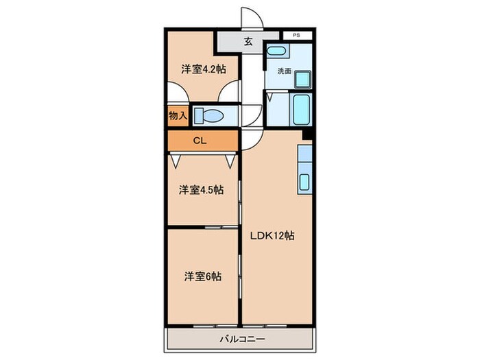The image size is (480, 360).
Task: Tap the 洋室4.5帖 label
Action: [201, 190]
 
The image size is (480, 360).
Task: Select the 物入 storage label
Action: [178, 115]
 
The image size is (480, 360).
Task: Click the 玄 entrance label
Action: [248, 42]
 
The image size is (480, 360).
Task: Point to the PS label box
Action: [296, 34]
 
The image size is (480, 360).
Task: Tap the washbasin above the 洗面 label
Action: [276, 52]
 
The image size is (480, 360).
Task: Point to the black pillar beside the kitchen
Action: [307, 134]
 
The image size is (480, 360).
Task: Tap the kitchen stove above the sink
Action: [304, 158]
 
